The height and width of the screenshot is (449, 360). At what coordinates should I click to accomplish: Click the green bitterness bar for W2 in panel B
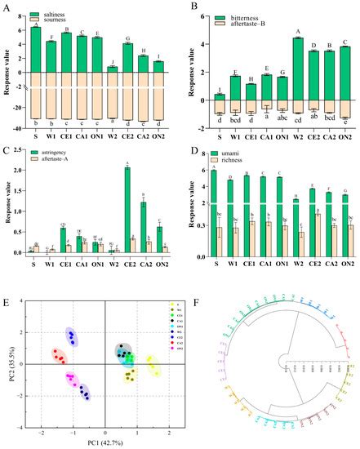coord(275,69)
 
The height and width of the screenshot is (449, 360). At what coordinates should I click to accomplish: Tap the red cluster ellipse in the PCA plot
coord(59,357)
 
